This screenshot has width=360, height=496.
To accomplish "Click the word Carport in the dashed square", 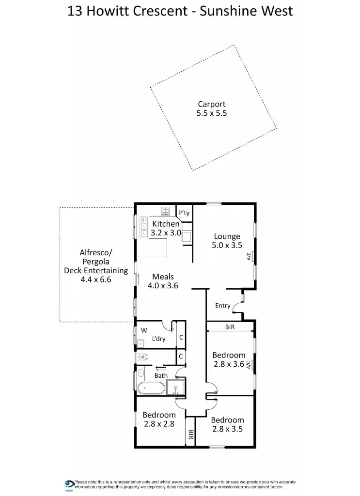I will [x=211, y=104].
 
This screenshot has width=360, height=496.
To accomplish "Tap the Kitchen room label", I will [x=166, y=224].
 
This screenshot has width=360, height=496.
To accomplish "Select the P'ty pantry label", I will [x=184, y=213].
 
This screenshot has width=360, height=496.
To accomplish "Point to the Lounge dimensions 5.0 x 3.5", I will [x=227, y=246].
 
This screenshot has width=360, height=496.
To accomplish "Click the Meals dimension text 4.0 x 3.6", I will [x=163, y=286].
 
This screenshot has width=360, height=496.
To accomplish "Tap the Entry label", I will [x=223, y=306].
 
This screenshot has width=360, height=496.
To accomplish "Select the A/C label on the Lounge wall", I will [x=249, y=257].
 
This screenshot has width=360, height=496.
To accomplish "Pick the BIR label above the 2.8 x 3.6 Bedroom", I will [x=230, y=327].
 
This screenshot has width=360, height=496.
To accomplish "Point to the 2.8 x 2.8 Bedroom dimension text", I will [x=158, y=424].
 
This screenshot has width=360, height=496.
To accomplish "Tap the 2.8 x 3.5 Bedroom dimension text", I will [x=227, y=429].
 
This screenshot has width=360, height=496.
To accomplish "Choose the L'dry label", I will [x=158, y=339].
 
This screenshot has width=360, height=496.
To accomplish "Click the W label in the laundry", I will [x=144, y=330].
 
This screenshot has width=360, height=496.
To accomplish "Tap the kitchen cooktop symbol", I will [x=165, y=211].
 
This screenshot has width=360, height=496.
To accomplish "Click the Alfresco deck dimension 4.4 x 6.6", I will [x=96, y=279].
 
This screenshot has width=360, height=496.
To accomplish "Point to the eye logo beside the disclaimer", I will [x=69, y=484].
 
